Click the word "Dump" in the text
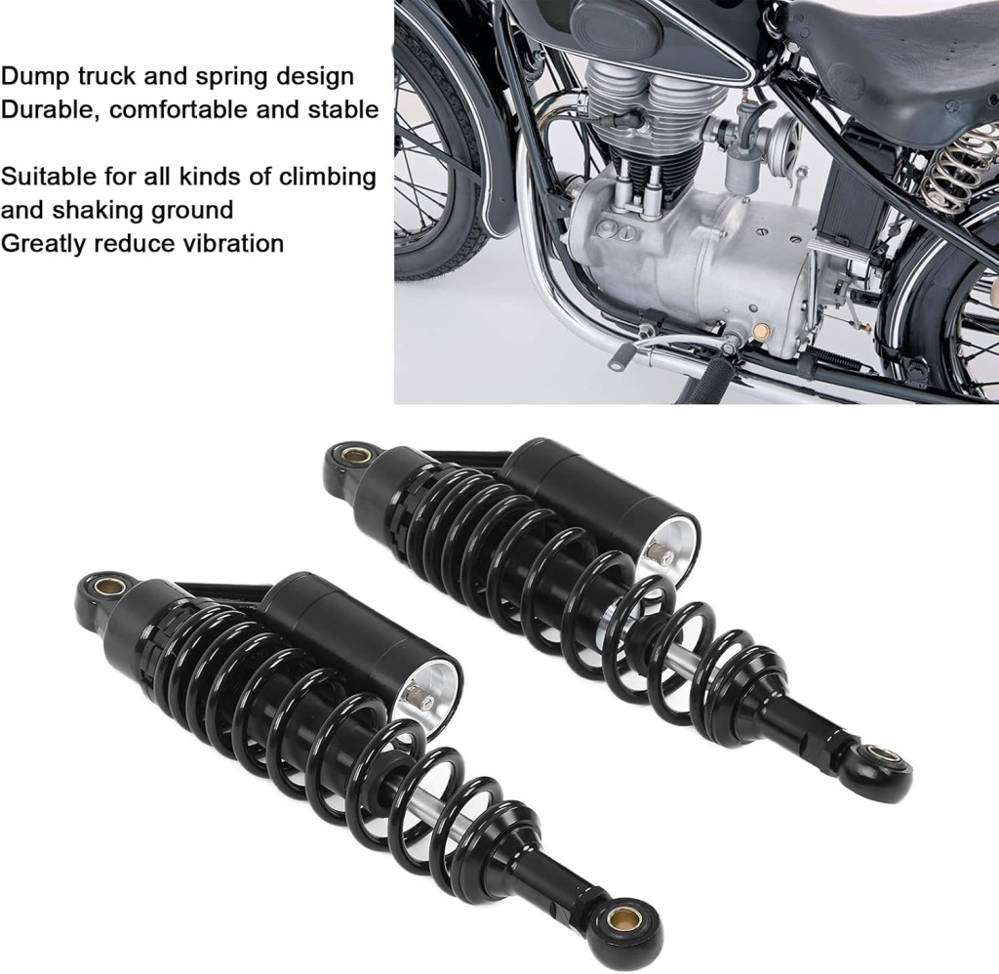[x=35, y=77]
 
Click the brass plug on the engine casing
[x=759, y=331]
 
